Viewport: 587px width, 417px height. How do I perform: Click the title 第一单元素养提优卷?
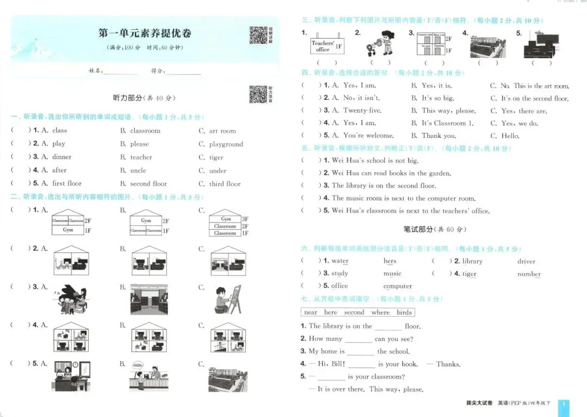pyautogui.click(x=145, y=33)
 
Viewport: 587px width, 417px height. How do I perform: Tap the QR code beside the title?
pyautogui.click(x=258, y=35)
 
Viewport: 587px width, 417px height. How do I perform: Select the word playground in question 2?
pyautogui.click(x=226, y=144)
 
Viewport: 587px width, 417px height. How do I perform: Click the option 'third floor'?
pyautogui.click(x=224, y=184)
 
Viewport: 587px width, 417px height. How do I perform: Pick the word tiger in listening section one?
pyautogui.click(x=216, y=157)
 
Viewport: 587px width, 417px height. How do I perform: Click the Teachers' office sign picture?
pyautogui.click(x=327, y=46)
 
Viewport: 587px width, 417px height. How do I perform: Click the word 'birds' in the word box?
pyautogui.click(x=404, y=312)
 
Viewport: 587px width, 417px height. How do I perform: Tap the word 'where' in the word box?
pyautogui.click(x=380, y=312)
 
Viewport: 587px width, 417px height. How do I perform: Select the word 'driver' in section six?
pyautogui.click(x=526, y=262)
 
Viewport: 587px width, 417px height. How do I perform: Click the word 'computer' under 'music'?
pyautogui.click(x=397, y=286)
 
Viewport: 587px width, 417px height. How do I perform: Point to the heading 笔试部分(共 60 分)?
pyautogui.click(x=434, y=230)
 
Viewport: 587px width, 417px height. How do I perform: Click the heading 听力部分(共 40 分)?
pyautogui.click(x=144, y=98)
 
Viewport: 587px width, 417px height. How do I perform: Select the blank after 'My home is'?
pyautogui.click(x=360, y=352)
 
